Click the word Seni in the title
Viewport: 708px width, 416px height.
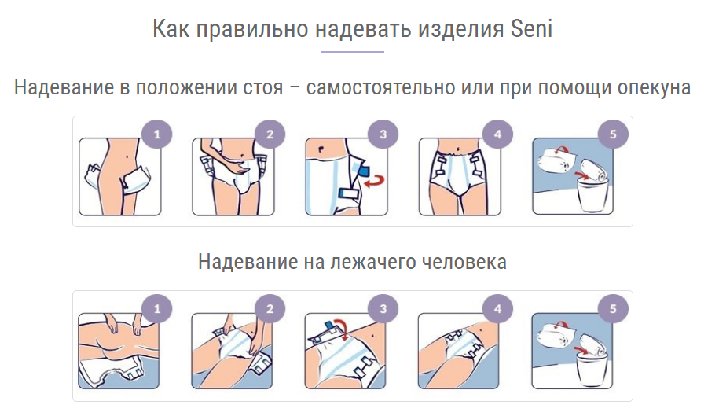(x=531, y=28)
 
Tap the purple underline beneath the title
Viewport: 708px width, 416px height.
(x=353, y=53)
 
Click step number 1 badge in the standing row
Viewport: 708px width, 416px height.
(x=156, y=134)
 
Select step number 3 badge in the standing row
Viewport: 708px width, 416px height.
(x=383, y=134)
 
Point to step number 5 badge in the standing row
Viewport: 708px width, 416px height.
(x=613, y=134)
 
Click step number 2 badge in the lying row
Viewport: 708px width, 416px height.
(x=270, y=309)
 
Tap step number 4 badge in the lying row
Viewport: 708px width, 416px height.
(x=497, y=309)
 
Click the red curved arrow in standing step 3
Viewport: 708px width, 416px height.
(x=374, y=181)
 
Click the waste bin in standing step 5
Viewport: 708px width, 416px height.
(x=592, y=195)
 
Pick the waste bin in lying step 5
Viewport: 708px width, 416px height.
(x=592, y=370)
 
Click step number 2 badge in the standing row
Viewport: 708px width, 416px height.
(x=270, y=134)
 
